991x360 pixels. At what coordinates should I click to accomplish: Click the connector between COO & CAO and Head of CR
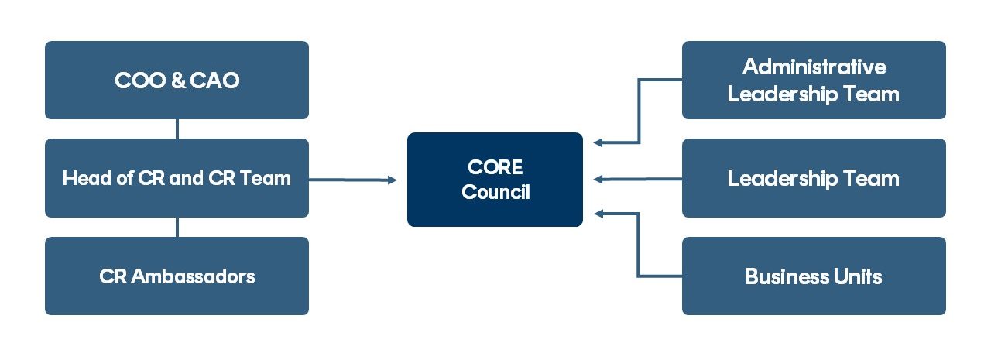point(177,129)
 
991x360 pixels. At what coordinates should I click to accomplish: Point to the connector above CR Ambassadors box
point(177,227)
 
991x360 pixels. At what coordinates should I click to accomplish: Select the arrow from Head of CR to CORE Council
point(352,180)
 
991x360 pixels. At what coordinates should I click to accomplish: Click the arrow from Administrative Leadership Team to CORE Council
point(639,116)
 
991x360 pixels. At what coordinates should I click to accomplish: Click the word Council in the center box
point(495,192)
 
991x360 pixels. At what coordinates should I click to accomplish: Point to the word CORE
point(495,167)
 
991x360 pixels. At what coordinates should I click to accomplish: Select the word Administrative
point(814,67)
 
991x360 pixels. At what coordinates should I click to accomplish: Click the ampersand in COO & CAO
point(177,81)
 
